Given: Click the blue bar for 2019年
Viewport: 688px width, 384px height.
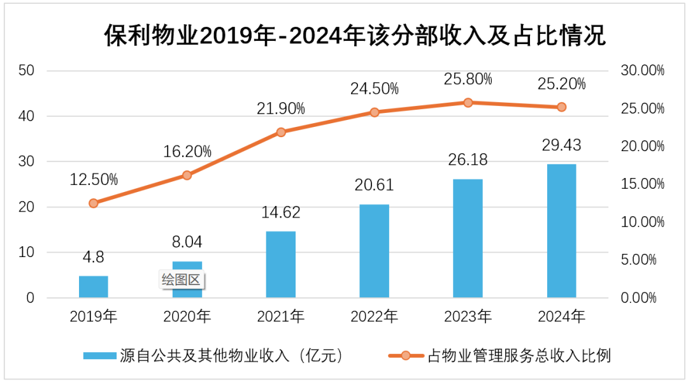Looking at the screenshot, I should tap(93, 287).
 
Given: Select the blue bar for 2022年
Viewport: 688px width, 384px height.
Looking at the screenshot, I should tap(374, 251).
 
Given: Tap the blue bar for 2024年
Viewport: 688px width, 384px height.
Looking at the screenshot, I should tap(561, 231).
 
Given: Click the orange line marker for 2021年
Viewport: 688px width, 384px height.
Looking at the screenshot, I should tap(281, 132).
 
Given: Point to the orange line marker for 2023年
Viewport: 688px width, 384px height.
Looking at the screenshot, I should tap(468, 103).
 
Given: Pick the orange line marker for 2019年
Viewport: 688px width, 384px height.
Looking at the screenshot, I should tap(94, 203).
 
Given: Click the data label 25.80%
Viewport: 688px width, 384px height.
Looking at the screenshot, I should tap(468, 79).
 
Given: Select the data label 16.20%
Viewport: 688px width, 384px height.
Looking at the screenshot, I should tap(187, 152).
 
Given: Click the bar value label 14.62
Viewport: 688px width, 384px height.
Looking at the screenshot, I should tap(281, 212).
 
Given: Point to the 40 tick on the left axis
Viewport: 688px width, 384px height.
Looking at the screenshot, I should tap(26, 116).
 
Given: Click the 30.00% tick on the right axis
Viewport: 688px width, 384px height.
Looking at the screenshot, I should tap(641, 71).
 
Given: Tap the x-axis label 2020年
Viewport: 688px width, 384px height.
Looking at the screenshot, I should tap(187, 316).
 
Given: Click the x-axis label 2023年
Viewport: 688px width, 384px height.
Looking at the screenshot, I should tap(468, 316).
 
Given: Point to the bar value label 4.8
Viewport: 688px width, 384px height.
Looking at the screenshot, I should tap(93, 258).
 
